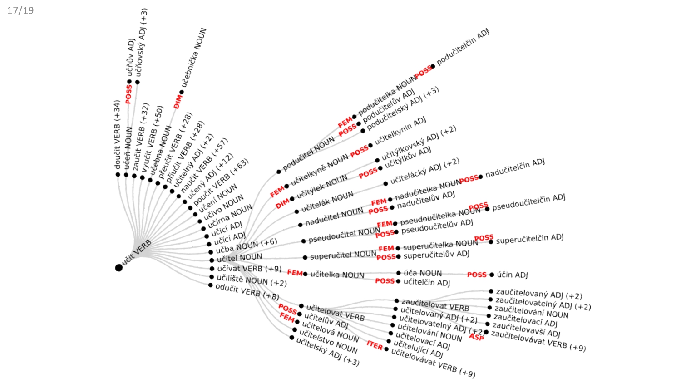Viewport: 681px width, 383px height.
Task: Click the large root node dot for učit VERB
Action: coord(119,268)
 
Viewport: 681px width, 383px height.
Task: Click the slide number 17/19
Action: coord(20,10)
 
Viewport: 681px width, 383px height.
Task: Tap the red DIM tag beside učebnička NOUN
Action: coord(178,102)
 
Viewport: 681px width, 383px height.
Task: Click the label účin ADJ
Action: coord(512,275)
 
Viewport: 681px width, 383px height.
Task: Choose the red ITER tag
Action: coord(375,345)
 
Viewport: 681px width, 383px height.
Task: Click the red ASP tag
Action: coord(476,337)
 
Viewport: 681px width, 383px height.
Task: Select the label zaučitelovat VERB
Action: coord(435,304)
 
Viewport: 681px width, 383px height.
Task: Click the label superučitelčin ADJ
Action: coord(529,239)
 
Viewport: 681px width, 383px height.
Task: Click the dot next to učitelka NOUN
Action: coord(305,274)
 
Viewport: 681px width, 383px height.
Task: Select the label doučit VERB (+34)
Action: coord(118,135)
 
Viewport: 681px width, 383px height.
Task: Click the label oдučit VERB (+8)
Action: coord(247,292)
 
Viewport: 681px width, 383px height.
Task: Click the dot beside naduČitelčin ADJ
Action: coord(481,177)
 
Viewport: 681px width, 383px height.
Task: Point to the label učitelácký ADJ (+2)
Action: coord(424,171)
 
